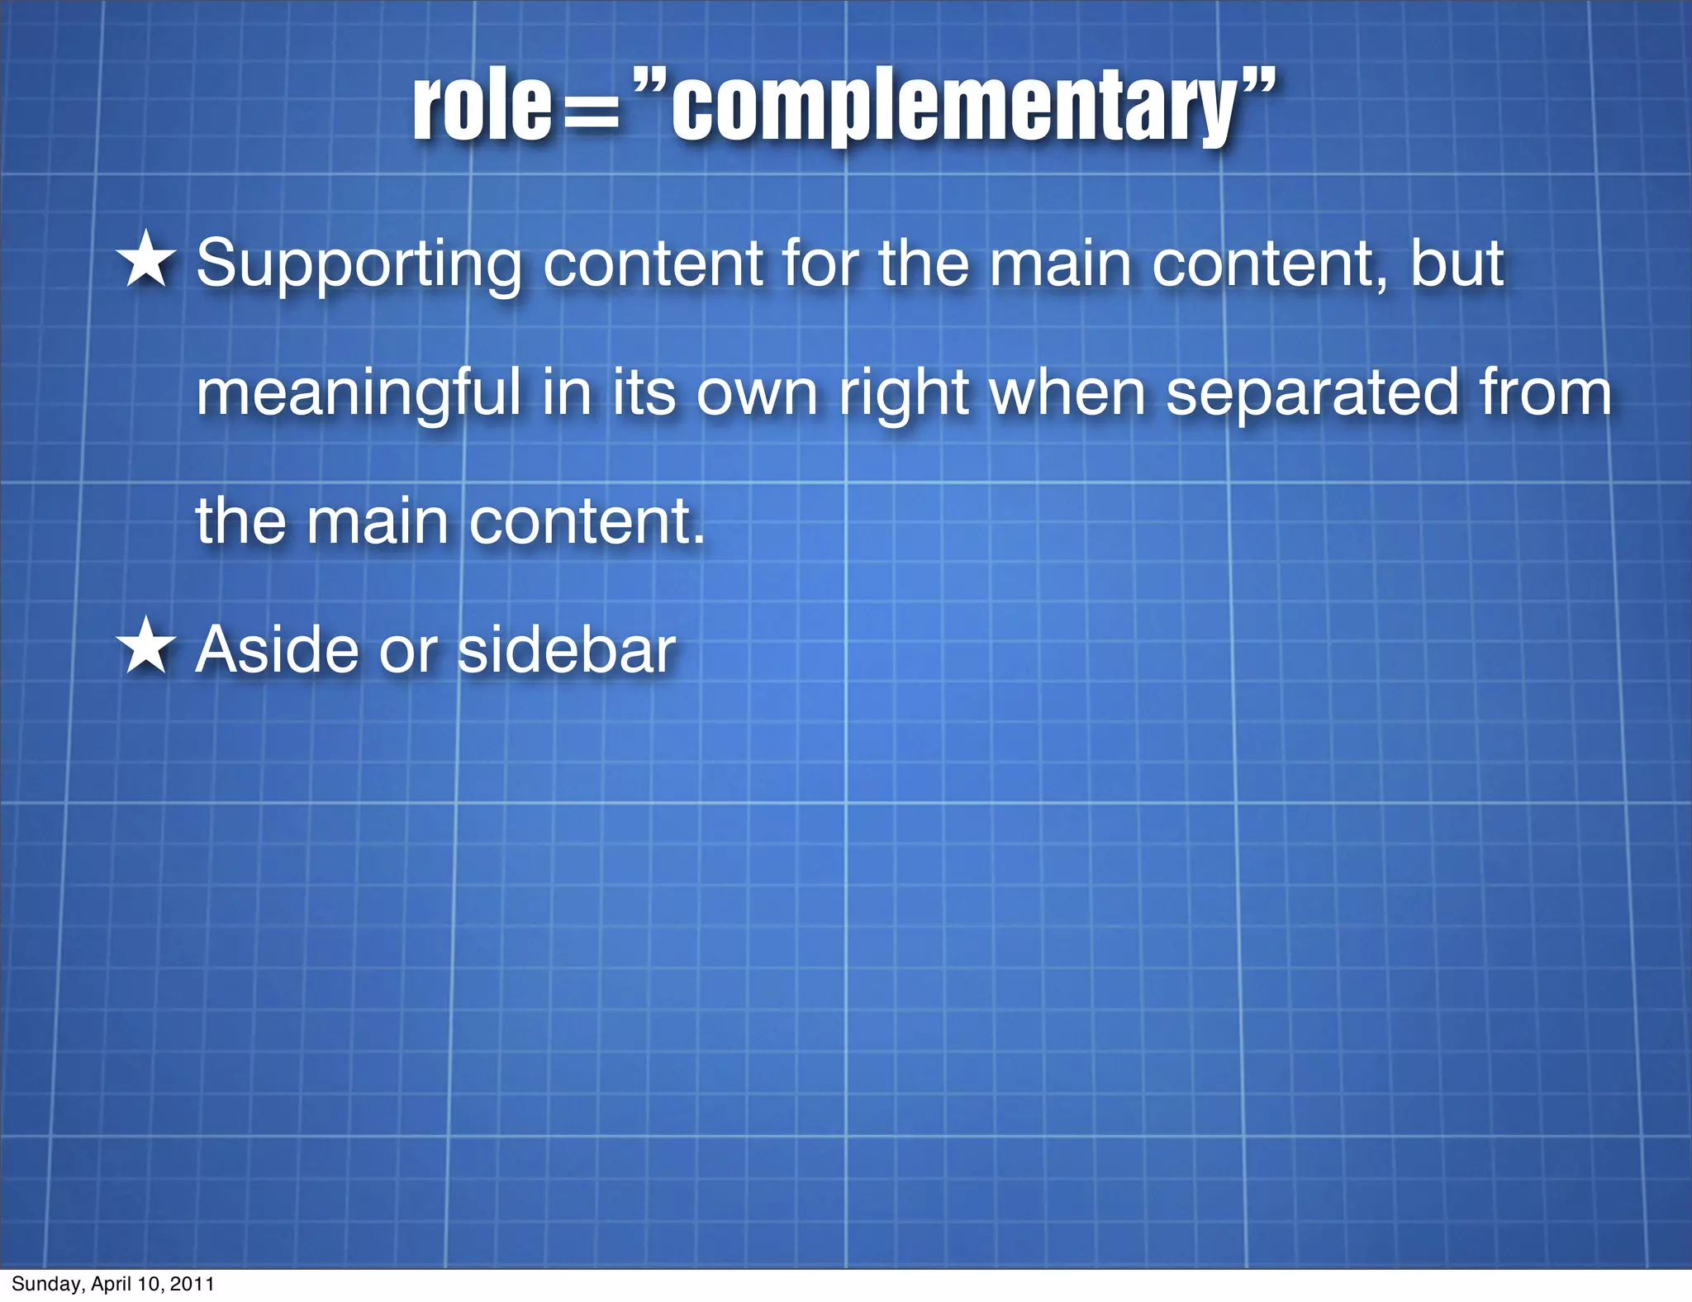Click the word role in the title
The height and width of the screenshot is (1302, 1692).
coord(482,107)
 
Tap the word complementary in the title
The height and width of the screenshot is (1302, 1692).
coord(955,107)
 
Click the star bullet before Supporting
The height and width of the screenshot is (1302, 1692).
coord(146,260)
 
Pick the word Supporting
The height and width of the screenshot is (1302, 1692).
coord(359,264)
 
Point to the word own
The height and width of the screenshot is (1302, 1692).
coord(757,395)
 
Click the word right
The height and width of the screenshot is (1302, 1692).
coord(904,395)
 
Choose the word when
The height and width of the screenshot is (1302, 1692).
coord(1067,393)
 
